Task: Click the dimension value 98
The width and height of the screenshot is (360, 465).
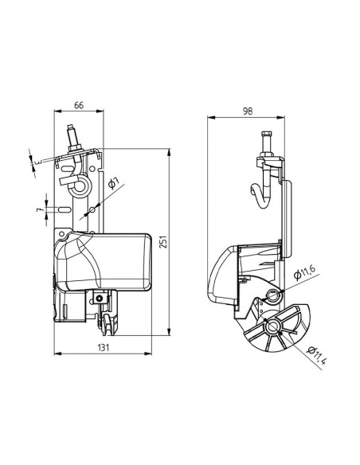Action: point(247,112)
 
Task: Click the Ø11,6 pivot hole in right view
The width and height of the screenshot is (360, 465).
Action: point(274,295)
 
